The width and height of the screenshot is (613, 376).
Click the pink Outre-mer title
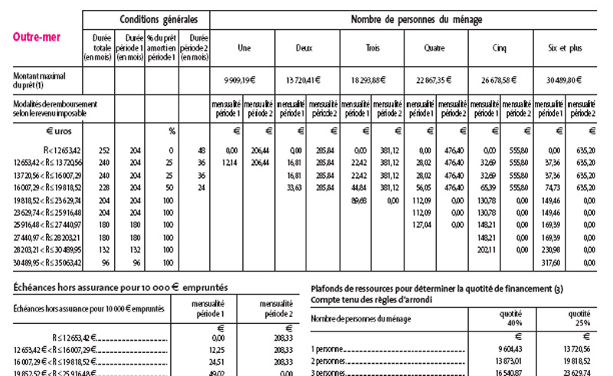tap(38, 36)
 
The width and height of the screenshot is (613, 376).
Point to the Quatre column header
tap(435, 48)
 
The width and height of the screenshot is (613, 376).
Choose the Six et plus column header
tap(565, 48)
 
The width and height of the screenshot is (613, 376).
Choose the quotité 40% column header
tap(506, 318)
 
